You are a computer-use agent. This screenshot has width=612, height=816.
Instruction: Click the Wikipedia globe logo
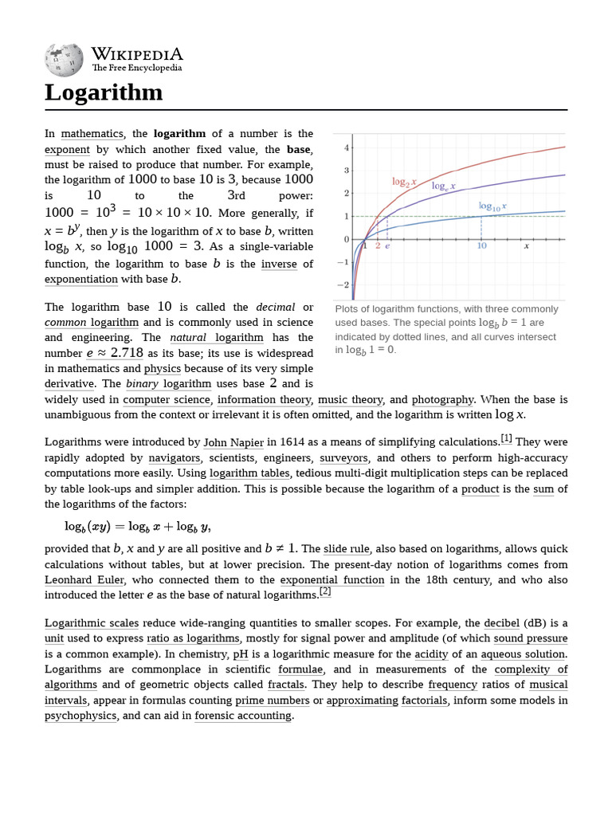pyautogui.click(x=64, y=58)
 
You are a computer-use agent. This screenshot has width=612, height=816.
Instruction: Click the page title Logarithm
pyautogui.click(x=104, y=92)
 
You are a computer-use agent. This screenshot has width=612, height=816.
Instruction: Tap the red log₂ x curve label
pyautogui.click(x=404, y=182)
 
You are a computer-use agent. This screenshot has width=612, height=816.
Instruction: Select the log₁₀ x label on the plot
pyautogui.click(x=492, y=206)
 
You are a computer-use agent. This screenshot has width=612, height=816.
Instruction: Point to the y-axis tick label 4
pyautogui.click(x=346, y=148)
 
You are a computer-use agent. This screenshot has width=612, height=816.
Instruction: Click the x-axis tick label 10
pyautogui.click(x=481, y=246)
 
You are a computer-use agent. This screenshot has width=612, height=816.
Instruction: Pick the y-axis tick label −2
pyautogui.click(x=343, y=284)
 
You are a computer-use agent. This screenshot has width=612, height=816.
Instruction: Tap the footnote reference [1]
pyautogui.click(x=506, y=438)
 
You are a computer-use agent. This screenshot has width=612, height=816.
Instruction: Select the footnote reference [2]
pyautogui.click(x=324, y=592)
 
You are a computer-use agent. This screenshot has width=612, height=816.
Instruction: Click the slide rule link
pyautogui.click(x=346, y=548)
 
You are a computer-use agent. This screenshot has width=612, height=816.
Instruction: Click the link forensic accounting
pyautogui.click(x=243, y=716)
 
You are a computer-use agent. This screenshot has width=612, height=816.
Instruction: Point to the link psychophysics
pyautogui.click(x=80, y=716)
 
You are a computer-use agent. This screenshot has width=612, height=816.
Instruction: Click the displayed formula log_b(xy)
pyautogui.click(x=137, y=526)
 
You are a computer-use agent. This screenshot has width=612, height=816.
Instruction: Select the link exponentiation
pyautogui.click(x=81, y=279)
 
